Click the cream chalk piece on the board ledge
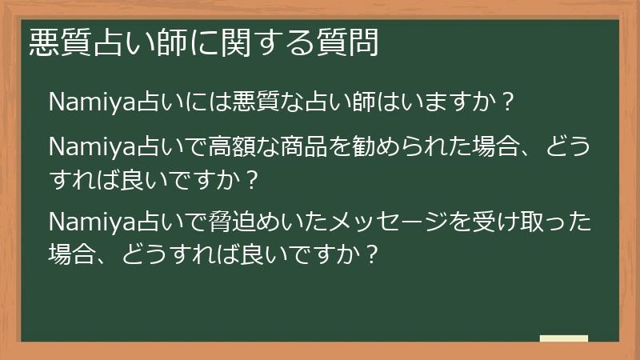pos(563,338)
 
